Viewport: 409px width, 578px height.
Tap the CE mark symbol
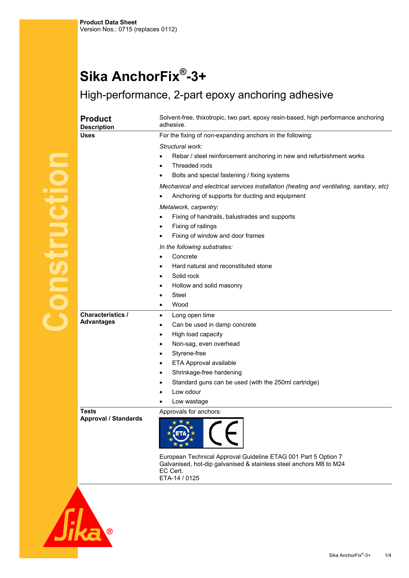[223, 433]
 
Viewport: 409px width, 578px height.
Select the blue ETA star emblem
[181, 433]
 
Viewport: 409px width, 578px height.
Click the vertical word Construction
[55, 242]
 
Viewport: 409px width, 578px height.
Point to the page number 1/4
[388, 555]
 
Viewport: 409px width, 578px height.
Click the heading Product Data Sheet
[108, 22]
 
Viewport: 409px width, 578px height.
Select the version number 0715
[125, 29]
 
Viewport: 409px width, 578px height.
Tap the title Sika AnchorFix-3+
[143, 76]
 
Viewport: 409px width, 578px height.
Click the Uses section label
[87, 135]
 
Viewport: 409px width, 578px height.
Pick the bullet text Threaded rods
[192, 166]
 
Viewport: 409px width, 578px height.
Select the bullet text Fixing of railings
[194, 226]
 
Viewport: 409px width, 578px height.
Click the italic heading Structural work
[181, 147]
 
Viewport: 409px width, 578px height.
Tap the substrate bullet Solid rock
[186, 276]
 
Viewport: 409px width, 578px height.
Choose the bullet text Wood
[180, 305]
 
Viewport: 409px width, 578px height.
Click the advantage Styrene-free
[189, 353]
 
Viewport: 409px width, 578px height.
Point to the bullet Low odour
[186, 392]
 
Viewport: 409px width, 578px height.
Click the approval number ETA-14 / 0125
[179, 478]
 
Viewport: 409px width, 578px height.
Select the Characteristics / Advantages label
[104, 318]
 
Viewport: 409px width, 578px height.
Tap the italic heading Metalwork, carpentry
[189, 207]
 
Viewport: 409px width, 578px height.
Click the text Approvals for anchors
[190, 412]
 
